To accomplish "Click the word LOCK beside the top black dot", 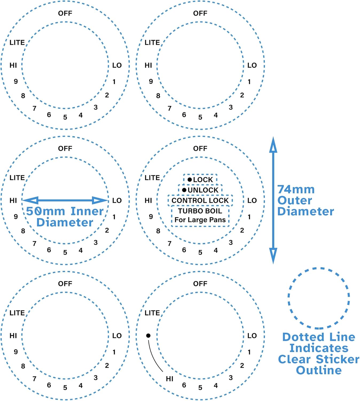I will click(203, 180).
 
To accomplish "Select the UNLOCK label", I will click(203, 190).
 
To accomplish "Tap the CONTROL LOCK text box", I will click(200, 200).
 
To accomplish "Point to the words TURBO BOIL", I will click(200, 211).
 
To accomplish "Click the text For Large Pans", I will click(200, 220).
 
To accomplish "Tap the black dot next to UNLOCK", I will click(184, 190).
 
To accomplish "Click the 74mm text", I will click(296, 189).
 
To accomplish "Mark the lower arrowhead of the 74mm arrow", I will click(273, 255).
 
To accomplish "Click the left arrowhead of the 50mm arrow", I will click(30, 200).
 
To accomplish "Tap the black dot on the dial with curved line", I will click(148, 336).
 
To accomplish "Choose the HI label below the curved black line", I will click(170, 379).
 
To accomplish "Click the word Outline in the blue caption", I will click(319, 370).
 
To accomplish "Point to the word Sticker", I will click(338, 359).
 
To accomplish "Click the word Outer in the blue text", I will click(295, 200).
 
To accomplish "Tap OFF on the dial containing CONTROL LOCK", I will click(200, 148).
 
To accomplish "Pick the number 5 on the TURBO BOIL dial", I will click(200, 252).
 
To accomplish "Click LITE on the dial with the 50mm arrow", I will click(17, 178).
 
